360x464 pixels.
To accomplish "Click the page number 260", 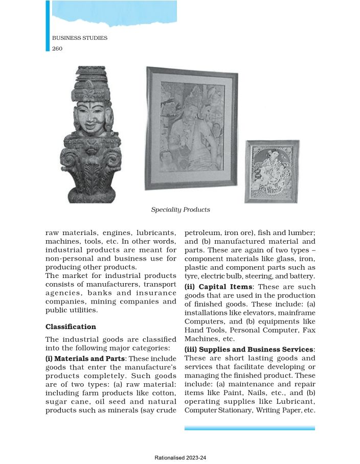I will [57, 49].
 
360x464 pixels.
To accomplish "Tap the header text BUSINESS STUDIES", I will [80, 38].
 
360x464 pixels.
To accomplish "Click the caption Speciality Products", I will [180, 210].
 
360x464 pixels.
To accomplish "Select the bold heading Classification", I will [71, 327].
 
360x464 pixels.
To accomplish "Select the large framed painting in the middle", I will [191, 128].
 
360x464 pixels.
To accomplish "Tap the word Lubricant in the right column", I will [294, 402].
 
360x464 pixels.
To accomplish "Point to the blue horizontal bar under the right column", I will [250, 428].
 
